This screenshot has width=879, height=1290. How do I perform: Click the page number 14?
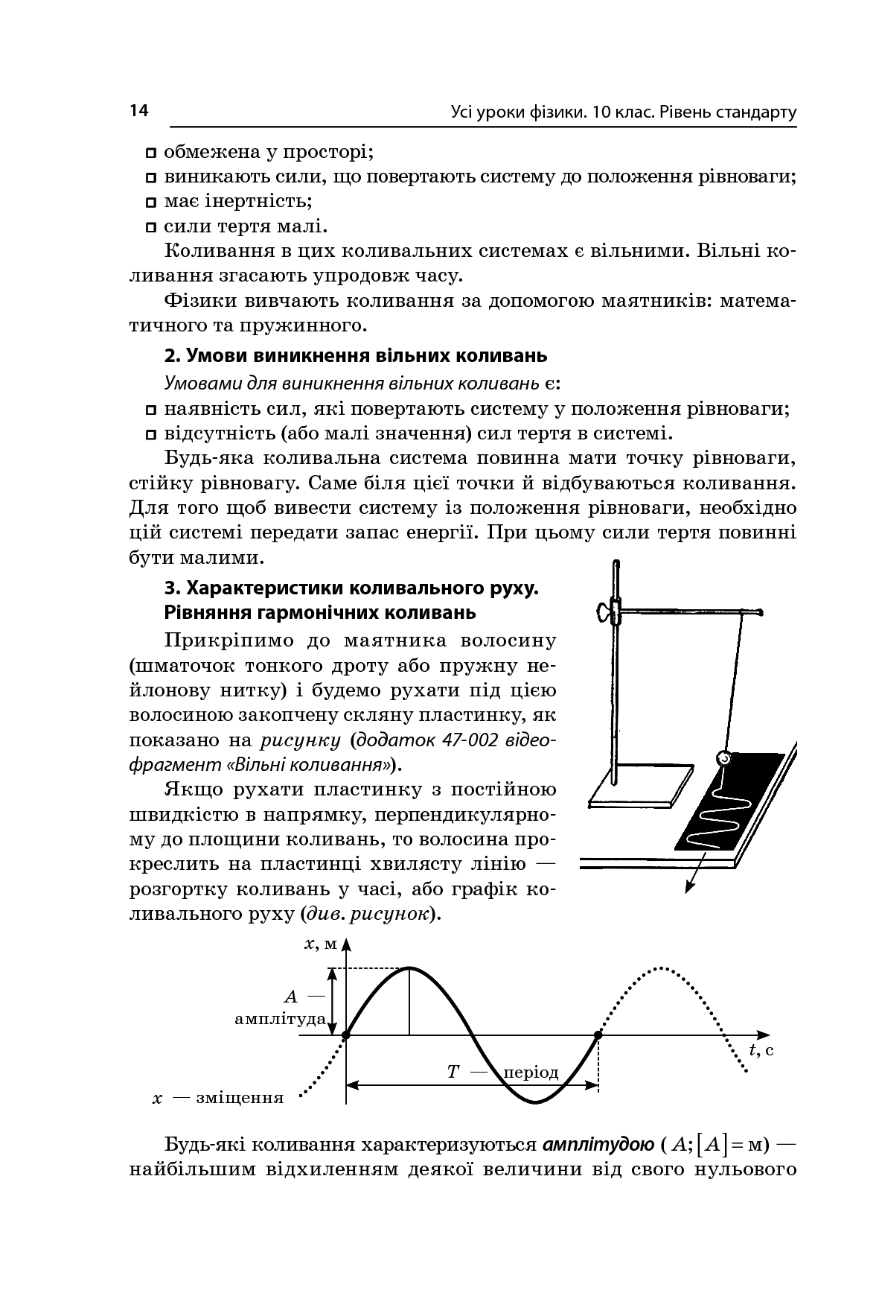coord(139,111)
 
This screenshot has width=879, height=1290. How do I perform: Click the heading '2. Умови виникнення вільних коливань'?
coord(355,355)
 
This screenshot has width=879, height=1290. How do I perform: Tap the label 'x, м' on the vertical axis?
coord(321,944)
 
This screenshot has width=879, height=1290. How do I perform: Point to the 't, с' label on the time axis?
coord(761,1050)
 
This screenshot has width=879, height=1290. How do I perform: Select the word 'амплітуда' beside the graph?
coord(280,1018)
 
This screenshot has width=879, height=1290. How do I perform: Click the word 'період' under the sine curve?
coord(531,1073)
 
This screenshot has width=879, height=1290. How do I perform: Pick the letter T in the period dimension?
coord(453,1072)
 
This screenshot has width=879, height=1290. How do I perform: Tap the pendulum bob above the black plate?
coord(722,758)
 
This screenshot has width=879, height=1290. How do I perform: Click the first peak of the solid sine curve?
coord(409,968)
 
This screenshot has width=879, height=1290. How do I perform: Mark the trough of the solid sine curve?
coord(536,1102)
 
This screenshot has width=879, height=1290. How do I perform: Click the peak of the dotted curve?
coord(661,968)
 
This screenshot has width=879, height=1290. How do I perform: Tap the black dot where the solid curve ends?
coord(598,1035)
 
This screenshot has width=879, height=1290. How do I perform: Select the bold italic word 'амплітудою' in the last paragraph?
coord(599,1143)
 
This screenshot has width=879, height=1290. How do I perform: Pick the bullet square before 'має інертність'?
coord(151,202)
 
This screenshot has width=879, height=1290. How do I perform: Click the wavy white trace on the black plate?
coord(726,812)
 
